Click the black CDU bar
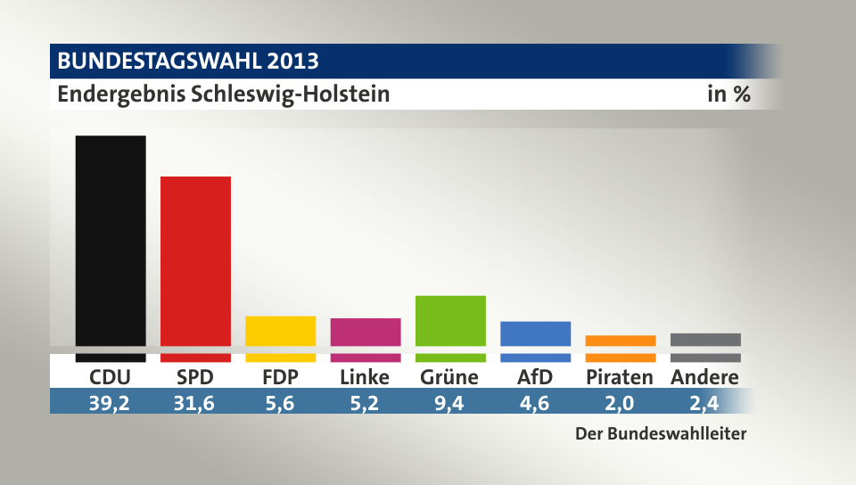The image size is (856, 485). (x=111, y=241)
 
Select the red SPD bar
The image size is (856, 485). (x=195, y=263)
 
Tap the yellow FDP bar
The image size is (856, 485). (x=280, y=332)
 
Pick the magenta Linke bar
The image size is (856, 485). (x=366, y=333)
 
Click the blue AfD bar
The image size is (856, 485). (x=535, y=334)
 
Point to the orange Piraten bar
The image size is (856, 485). (x=620, y=341)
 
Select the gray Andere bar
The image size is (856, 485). (x=705, y=340)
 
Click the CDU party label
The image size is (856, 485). (x=111, y=377)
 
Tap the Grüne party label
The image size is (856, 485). (x=449, y=377)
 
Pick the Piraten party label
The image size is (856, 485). (x=620, y=377)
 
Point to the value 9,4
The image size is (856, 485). (x=450, y=403)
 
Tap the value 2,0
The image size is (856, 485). (x=620, y=403)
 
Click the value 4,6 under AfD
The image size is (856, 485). (x=535, y=403)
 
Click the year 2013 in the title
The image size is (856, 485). (x=290, y=62)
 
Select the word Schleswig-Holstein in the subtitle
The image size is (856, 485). (x=291, y=94)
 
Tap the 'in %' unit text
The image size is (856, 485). (x=728, y=94)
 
